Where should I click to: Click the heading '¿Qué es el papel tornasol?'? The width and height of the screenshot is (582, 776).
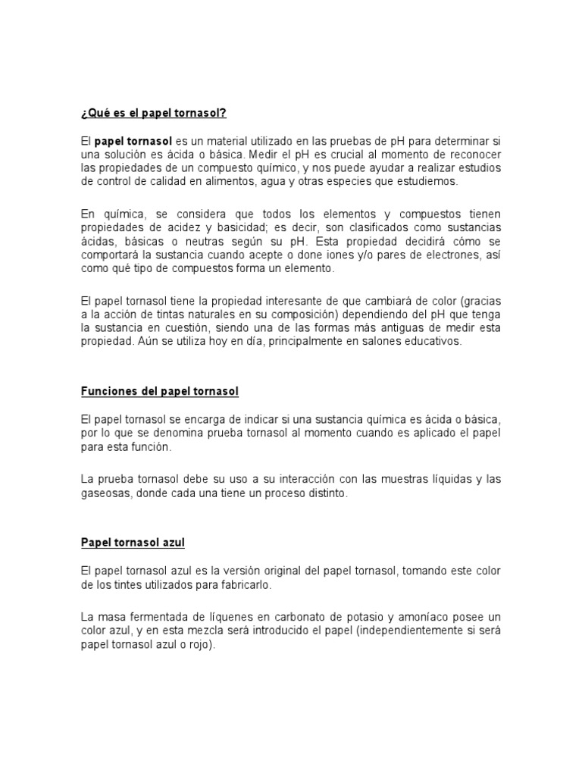[x=153, y=114]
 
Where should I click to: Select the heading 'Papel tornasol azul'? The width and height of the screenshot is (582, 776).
[x=133, y=543]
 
